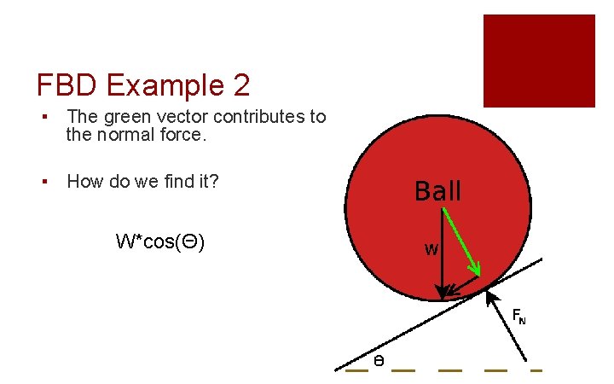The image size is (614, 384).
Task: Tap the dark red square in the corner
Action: [x=539, y=60]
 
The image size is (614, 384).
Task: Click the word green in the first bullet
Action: [x=125, y=117]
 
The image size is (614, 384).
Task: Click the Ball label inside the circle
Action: [x=437, y=191]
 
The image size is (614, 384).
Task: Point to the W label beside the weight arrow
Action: [x=432, y=251]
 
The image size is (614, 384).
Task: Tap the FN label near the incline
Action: [x=518, y=317]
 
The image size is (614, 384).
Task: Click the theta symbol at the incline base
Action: [x=379, y=362]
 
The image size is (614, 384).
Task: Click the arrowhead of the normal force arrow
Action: [x=489, y=296]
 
